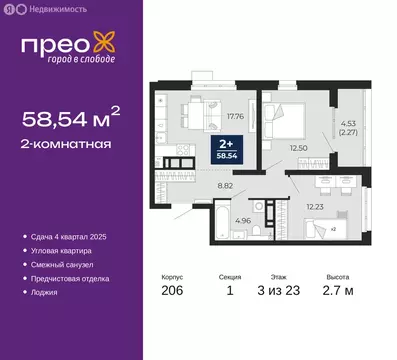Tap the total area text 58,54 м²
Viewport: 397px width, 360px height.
coord(71,120)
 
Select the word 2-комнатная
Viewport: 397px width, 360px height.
coord(66,144)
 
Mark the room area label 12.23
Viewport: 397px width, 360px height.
coord(312,207)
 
